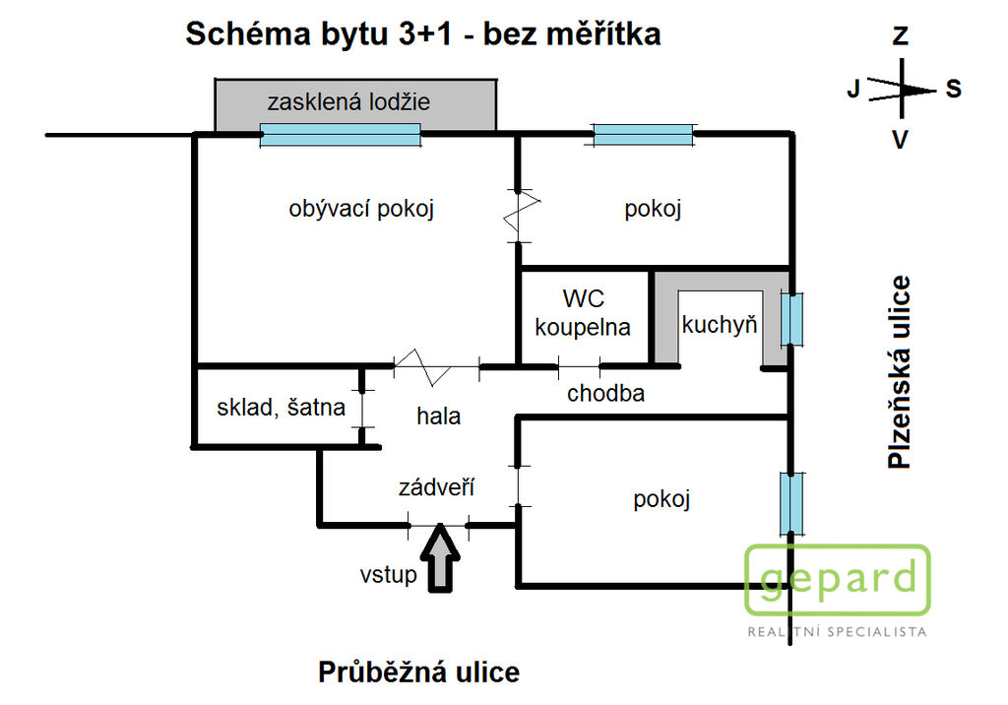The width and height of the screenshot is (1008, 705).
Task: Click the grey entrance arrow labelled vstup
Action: (440, 557)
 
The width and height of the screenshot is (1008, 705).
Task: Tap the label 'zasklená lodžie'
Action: (348, 101)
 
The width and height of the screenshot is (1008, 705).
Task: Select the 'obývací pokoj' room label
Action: (361, 209)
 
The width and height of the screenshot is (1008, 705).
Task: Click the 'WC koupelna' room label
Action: (583, 312)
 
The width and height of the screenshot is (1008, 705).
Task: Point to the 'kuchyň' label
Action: (720, 325)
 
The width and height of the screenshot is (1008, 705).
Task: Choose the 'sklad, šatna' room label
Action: (281, 408)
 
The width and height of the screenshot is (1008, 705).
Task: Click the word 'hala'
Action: (438, 417)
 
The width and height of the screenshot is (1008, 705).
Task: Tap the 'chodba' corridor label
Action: (605, 393)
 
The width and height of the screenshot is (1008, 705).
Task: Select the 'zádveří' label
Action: (436, 487)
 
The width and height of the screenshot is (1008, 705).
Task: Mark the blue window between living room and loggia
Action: (340, 135)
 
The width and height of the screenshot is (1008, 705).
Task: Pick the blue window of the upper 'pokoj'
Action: (643, 135)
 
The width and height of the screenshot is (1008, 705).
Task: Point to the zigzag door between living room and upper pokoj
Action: (521, 217)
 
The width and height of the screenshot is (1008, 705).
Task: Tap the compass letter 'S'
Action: (953, 89)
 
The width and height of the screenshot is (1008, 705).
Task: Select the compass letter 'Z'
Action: (900, 35)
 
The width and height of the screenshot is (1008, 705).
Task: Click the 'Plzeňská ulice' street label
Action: (899, 372)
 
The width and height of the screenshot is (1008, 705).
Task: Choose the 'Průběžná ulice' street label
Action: (419, 673)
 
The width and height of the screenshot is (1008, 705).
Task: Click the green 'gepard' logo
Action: (838, 580)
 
